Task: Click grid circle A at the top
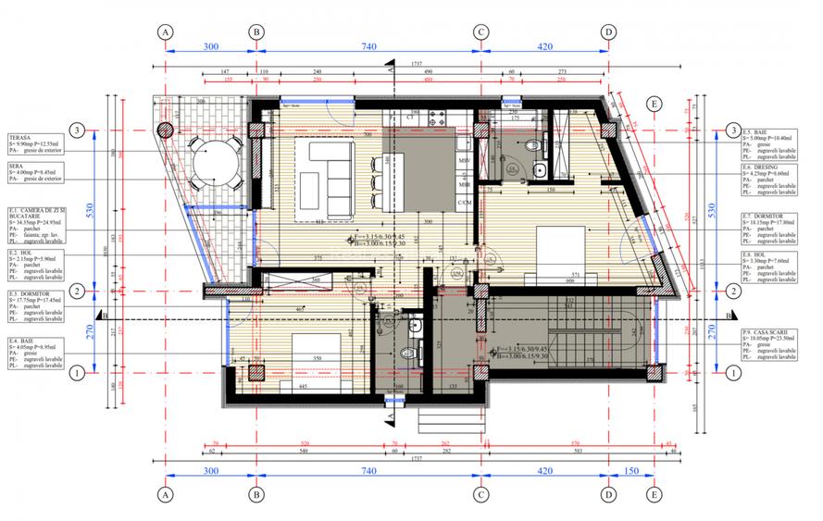[x=166, y=31]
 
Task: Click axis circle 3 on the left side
[x=79, y=130]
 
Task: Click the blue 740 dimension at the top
[x=368, y=45]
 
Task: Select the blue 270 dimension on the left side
[x=91, y=331]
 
